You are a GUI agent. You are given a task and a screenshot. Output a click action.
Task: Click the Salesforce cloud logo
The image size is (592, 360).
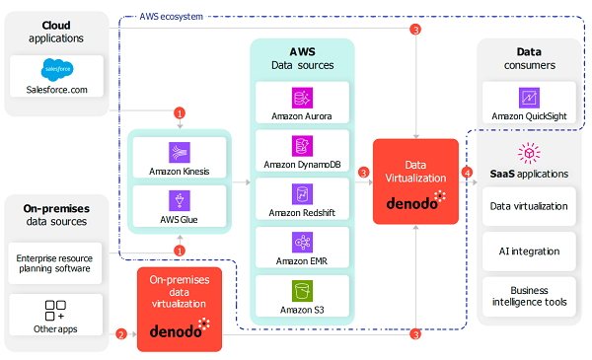(x=57, y=69)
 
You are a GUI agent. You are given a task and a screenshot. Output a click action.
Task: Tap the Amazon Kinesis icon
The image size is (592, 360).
(x=180, y=153)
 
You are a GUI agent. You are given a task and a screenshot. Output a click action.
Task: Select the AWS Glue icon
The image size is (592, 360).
(x=180, y=200)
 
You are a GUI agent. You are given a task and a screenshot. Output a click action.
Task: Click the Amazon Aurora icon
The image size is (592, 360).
(x=302, y=98)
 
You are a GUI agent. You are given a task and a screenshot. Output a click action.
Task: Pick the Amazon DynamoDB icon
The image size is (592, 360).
(x=302, y=146)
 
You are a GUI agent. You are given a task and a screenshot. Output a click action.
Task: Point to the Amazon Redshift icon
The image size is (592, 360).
(x=302, y=194)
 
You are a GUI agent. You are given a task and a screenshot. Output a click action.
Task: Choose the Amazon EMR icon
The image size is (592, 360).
(x=302, y=243)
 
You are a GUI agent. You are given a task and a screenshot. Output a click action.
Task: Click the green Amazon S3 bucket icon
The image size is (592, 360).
(x=302, y=291)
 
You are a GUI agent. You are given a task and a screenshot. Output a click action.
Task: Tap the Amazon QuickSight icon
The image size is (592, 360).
(x=529, y=98)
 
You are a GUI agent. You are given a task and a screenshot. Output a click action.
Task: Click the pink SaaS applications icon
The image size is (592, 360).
(x=529, y=153)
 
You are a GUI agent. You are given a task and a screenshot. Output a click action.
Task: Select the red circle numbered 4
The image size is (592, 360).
(x=467, y=173)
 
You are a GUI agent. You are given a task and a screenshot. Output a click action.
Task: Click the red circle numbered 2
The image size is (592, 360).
(x=121, y=334)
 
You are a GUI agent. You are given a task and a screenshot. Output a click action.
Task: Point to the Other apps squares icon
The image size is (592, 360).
(x=55, y=310)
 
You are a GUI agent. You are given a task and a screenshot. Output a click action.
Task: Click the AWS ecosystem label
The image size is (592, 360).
(x=171, y=17)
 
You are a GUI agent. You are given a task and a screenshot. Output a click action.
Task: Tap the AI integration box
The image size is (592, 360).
(x=529, y=252)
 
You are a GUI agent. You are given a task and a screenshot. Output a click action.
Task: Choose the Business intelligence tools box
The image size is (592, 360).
(x=529, y=297)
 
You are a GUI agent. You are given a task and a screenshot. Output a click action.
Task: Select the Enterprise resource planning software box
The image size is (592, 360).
(x=55, y=263)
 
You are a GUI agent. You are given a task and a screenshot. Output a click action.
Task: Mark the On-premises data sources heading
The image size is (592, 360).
(x=56, y=215)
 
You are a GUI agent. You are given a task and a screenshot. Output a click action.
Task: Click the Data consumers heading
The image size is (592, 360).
(x=529, y=58)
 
